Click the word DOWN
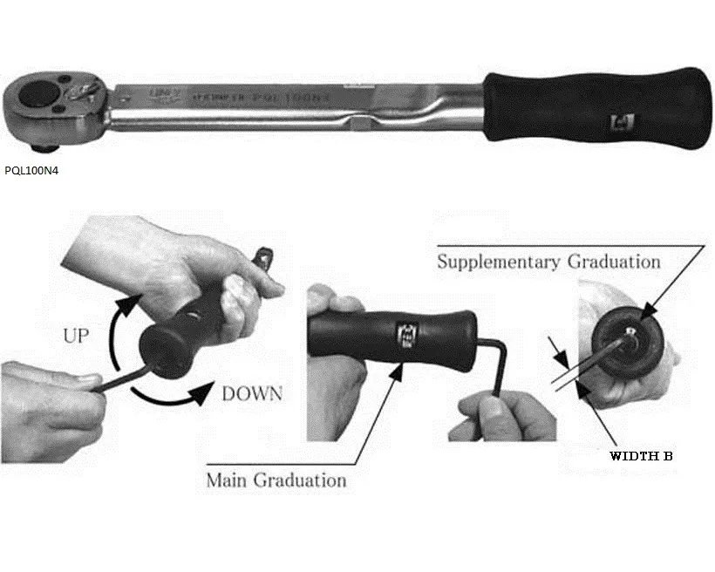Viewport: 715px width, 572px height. [251, 394]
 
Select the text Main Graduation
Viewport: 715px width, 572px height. [276, 480]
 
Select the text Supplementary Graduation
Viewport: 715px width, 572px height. [548, 261]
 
